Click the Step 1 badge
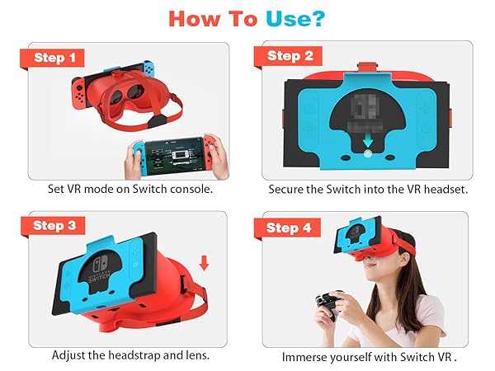tap(59, 58)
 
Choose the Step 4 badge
tap(295, 228)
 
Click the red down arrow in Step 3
tap(205, 263)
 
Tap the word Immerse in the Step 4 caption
tap(306, 358)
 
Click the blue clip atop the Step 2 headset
tap(365, 64)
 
